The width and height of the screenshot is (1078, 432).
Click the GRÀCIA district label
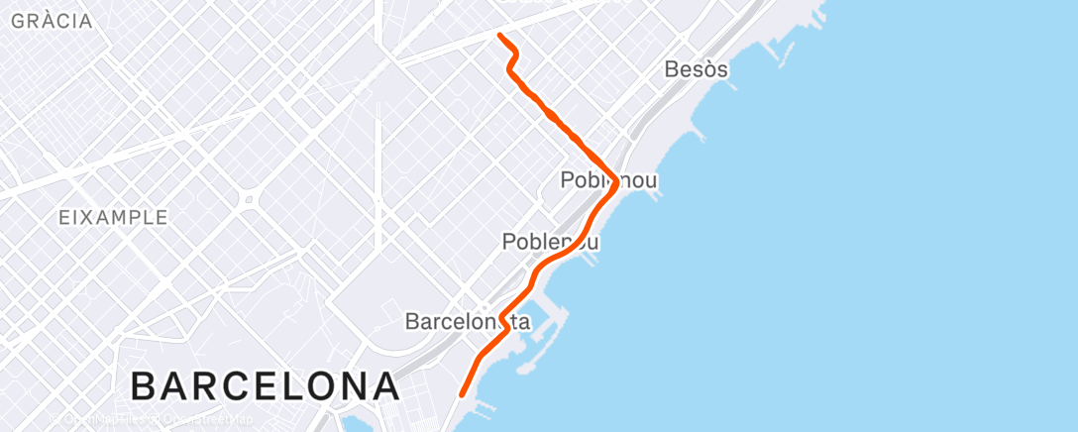[x=52, y=21]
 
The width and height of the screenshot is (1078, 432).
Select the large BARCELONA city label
[x=265, y=385]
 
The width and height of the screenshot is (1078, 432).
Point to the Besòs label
[x=698, y=69]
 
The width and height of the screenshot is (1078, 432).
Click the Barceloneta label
[x=468, y=322]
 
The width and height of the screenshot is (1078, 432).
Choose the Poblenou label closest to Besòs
[x=608, y=180]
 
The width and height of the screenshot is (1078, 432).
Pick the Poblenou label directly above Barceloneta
[x=550, y=241]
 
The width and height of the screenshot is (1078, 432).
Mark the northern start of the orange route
[x=499, y=36]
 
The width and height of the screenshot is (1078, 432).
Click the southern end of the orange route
[x=463, y=395]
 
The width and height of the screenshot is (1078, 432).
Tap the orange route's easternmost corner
[x=615, y=182]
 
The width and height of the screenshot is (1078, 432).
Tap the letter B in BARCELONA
[x=145, y=385]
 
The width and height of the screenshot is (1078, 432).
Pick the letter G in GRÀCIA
[x=17, y=21]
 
